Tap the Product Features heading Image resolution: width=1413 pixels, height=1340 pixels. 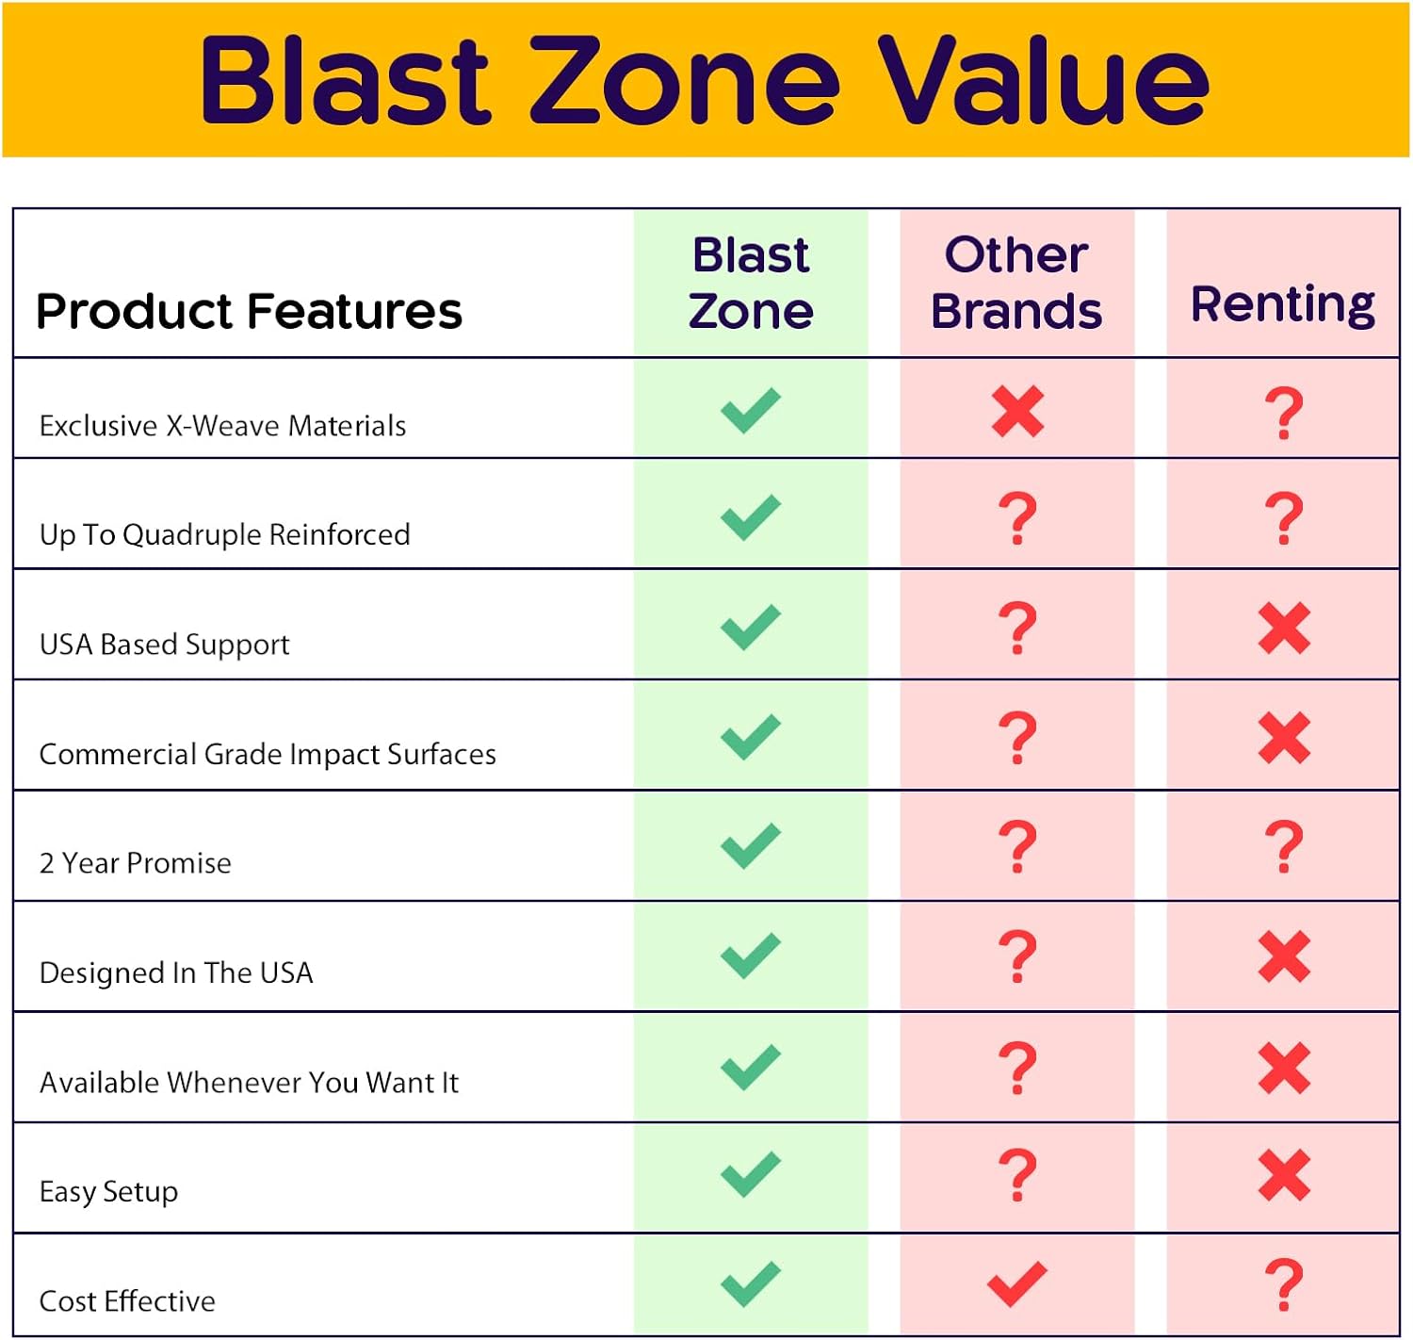pyautogui.click(x=249, y=311)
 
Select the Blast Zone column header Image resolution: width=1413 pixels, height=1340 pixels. pyautogui.click(x=751, y=283)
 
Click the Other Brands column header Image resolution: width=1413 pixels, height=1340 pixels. pyautogui.click(x=1016, y=283)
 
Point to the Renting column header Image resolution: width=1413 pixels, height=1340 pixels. pyautogui.click(x=1283, y=304)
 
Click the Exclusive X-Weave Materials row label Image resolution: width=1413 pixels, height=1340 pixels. pyautogui.click(x=222, y=426)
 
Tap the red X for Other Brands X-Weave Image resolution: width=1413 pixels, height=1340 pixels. pyautogui.click(x=1017, y=412)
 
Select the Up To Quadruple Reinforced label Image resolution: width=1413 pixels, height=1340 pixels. pyautogui.click(x=224, y=534)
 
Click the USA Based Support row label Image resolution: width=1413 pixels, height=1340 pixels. pyautogui.click(x=164, y=645)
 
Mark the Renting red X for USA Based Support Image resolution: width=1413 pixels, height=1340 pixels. pyautogui.click(x=1284, y=628)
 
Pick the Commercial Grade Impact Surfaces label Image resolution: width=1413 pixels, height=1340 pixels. pyautogui.click(x=268, y=754)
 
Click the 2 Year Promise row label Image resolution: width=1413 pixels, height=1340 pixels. pyautogui.click(x=135, y=863)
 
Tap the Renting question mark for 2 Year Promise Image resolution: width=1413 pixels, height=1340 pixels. pyautogui.click(x=1284, y=846)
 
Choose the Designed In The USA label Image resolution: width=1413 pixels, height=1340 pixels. pyautogui.click(x=176, y=972)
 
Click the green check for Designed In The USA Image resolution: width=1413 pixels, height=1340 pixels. pyautogui.click(x=751, y=956)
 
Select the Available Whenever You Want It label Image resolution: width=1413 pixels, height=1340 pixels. pyautogui.click(x=249, y=1083)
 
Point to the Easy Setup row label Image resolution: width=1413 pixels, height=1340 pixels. pyautogui.click(x=108, y=1192)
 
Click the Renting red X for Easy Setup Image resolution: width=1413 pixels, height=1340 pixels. pyautogui.click(x=1284, y=1175)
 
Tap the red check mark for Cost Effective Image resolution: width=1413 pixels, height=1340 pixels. pyautogui.click(x=1017, y=1283)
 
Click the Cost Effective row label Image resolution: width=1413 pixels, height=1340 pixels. pyautogui.click(x=127, y=1301)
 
